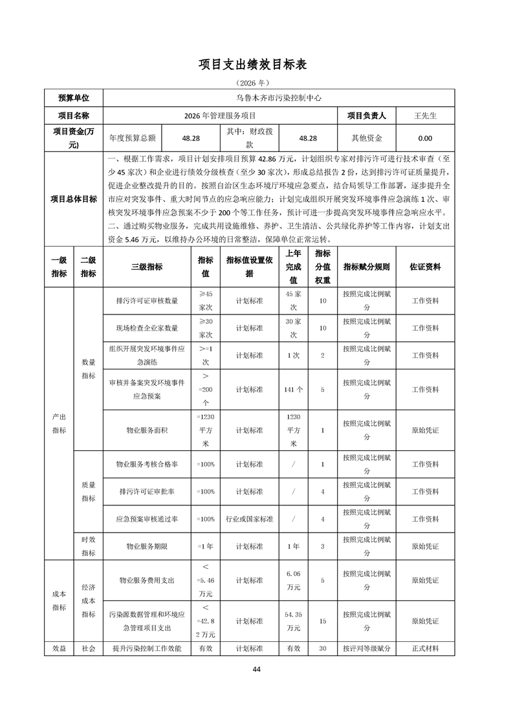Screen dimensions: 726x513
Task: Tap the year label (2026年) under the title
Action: pyautogui.click(x=256, y=83)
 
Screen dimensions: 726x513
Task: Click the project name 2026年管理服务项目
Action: pyautogui.click(x=220, y=116)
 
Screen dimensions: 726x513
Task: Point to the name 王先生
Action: pyautogui.click(x=425, y=116)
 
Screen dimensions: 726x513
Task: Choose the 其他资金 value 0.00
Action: pyautogui.click(x=425, y=138)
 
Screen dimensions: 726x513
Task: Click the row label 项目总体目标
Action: pyautogui.click(x=74, y=199)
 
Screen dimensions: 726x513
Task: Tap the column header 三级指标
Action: pyautogui.click(x=147, y=267)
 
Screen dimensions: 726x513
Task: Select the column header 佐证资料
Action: pyautogui.click(x=425, y=267)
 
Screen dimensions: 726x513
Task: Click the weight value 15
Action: pyautogui.click(x=322, y=621)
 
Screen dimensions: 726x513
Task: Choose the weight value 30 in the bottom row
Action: pyautogui.click(x=322, y=648)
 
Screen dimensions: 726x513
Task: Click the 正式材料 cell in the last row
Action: pyautogui.click(x=425, y=648)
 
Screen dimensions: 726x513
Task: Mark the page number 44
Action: pyautogui.click(x=256, y=669)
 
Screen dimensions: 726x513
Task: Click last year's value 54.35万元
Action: pyautogui.click(x=293, y=621)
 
